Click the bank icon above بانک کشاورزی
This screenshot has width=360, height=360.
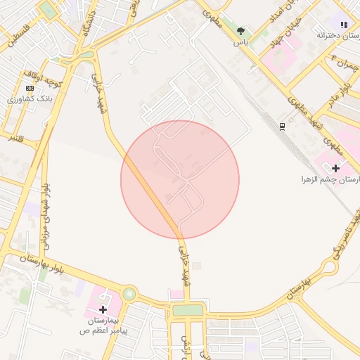(x=30, y=88)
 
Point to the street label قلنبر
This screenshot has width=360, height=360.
(x=15, y=138)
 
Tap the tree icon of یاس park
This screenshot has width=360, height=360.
(x=242, y=31)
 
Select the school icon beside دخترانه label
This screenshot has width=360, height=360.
(x=344, y=25)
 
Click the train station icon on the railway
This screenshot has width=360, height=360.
(x=282, y=126)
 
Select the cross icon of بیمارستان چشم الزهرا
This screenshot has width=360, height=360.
(x=335, y=168)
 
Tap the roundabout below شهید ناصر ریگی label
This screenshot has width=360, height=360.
(x=329, y=266)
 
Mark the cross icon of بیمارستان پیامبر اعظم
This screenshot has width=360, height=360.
(x=103, y=309)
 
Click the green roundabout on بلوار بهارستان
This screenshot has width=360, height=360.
(x=129, y=293)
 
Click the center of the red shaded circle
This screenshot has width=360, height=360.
(x=180, y=179)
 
